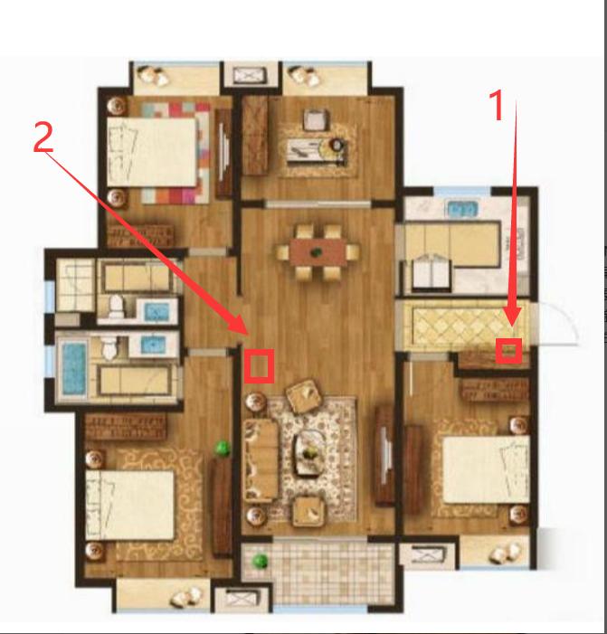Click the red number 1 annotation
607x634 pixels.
coord(498,105)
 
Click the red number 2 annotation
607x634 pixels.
coord(43,137)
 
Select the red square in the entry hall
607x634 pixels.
coord(508,351)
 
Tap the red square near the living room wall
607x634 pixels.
coord(260,366)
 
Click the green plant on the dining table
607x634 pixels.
coord(316,252)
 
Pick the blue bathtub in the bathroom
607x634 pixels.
coord(74,368)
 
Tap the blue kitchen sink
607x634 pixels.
coord(462,209)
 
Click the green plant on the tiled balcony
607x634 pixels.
coord(260,561)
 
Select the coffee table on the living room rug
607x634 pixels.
coord(309,453)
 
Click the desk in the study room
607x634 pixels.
coord(317,152)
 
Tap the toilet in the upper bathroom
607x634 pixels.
coord(116,306)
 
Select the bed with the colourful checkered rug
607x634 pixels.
coord(152,152)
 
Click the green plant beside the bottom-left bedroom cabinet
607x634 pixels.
coord(222,448)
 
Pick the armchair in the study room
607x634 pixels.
coord(317,119)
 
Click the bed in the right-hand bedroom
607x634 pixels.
coord(486,469)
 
